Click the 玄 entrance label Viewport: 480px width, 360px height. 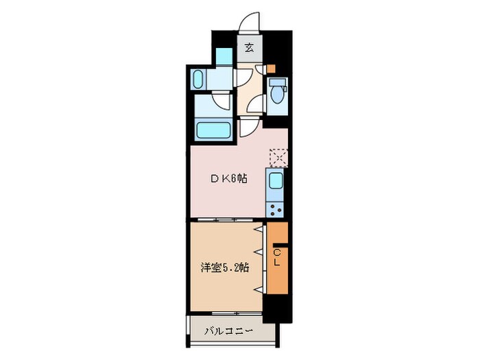pyautogui.click(x=250, y=48)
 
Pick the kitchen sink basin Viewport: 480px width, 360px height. pyautogui.click(x=276, y=182)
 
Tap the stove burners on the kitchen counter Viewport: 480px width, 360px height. pyautogui.click(x=276, y=208)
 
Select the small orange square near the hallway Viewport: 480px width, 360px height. pyautogui.click(x=272, y=69)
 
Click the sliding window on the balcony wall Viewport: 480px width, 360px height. pyautogui.click(x=224, y=313)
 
